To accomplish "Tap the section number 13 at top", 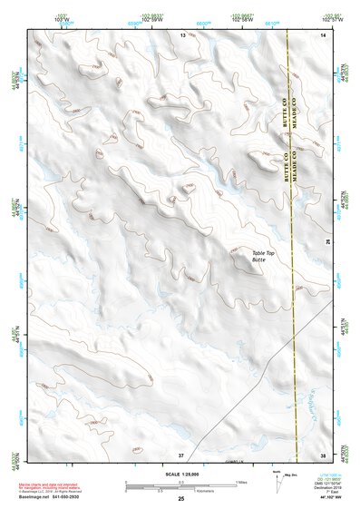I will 181,34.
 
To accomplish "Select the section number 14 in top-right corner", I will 323,34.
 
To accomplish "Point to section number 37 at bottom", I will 181,454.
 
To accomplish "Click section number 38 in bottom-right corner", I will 323,454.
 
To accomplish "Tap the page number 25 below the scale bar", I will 180,499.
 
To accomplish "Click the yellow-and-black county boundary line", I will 291,227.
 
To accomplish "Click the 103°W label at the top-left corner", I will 36,18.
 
